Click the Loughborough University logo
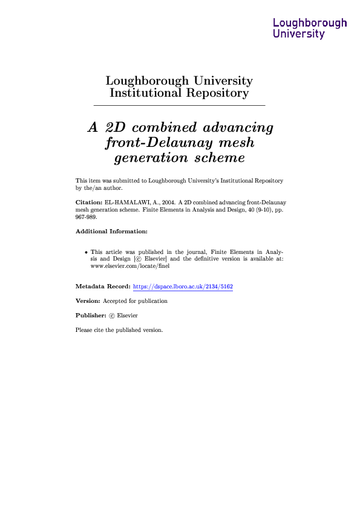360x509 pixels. coord(310,28)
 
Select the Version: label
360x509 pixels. coord(87,301)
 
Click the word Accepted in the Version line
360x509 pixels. coord(115,301)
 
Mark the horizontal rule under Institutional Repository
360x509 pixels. coord(180,106)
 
